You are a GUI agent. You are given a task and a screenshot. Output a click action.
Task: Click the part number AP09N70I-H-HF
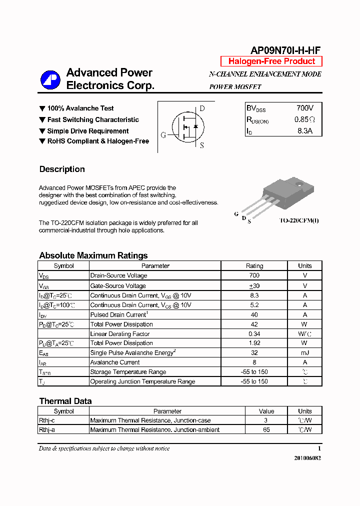[x=285, y=50]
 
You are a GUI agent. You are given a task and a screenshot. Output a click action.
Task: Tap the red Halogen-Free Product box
[x=271, y=61]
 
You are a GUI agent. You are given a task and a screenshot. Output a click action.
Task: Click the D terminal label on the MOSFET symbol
[x=202, y=108]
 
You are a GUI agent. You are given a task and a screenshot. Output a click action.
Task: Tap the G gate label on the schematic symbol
[x=163, y=135]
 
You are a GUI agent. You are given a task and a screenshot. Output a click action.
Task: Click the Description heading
[x=62, y=169]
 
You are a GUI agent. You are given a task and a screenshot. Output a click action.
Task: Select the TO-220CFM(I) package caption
[x=298, y=220]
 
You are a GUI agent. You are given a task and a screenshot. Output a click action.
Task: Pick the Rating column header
[x=254, y=266]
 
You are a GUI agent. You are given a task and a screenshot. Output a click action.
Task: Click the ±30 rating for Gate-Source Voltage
[x=254, y=285]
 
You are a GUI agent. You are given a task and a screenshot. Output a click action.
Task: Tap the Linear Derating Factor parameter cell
[x=120, y=333]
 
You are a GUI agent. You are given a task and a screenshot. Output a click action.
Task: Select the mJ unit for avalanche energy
[x=304, y=352]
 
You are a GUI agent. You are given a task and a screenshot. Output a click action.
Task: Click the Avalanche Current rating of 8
[x=254, y=362]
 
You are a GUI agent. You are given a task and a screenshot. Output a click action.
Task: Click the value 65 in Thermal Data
[x=266, y=429]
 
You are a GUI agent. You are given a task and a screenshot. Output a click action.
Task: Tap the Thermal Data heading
[x=65, y=401]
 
